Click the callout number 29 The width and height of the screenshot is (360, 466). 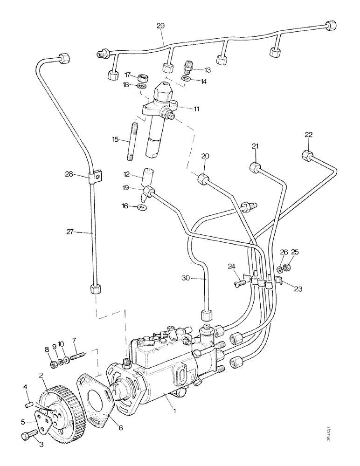click(160, 27)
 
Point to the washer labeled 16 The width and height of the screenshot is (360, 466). click(142, 206)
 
